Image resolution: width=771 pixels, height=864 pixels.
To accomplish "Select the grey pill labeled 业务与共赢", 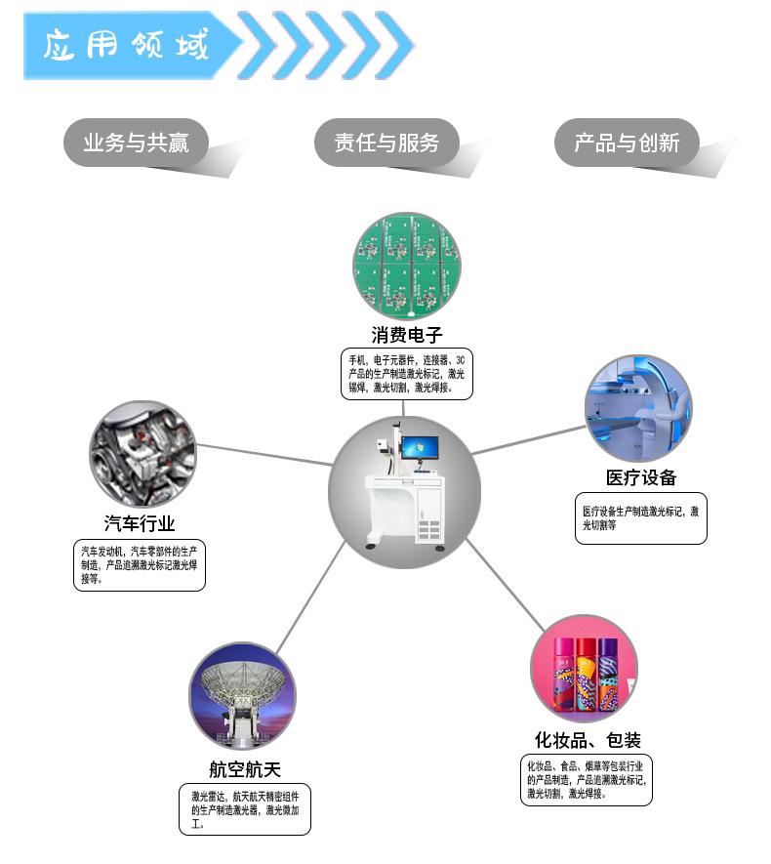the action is coord(136,143).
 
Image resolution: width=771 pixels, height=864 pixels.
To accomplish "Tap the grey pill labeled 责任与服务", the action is coord(386,143).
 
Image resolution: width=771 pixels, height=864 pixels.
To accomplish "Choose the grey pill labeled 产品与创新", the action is coord(627,143).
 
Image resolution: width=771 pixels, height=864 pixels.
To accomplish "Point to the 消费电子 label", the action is coord(407,335).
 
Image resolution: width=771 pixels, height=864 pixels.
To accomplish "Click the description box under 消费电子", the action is coord(407,373).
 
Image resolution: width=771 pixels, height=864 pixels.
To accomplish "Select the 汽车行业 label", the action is coord(141,523).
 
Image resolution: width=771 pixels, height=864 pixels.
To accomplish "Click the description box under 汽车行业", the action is coord(141,565).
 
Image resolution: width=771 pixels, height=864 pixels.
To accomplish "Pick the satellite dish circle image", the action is coord(241,695).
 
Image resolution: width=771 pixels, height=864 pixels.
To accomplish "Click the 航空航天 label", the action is coord(245,769).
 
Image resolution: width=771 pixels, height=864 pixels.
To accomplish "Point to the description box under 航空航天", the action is coord(245,809).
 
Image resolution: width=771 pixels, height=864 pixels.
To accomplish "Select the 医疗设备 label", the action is coord(641,477).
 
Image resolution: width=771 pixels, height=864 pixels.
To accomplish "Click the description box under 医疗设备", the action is coord(641,517).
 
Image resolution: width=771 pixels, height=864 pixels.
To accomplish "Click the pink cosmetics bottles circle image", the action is coord(584,668).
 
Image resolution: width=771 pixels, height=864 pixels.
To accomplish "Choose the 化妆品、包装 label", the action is coord(588,739).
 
